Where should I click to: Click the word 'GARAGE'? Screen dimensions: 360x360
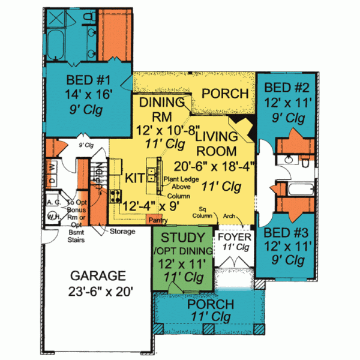point(98,276)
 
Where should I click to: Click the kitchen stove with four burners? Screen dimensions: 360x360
point(115,195)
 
